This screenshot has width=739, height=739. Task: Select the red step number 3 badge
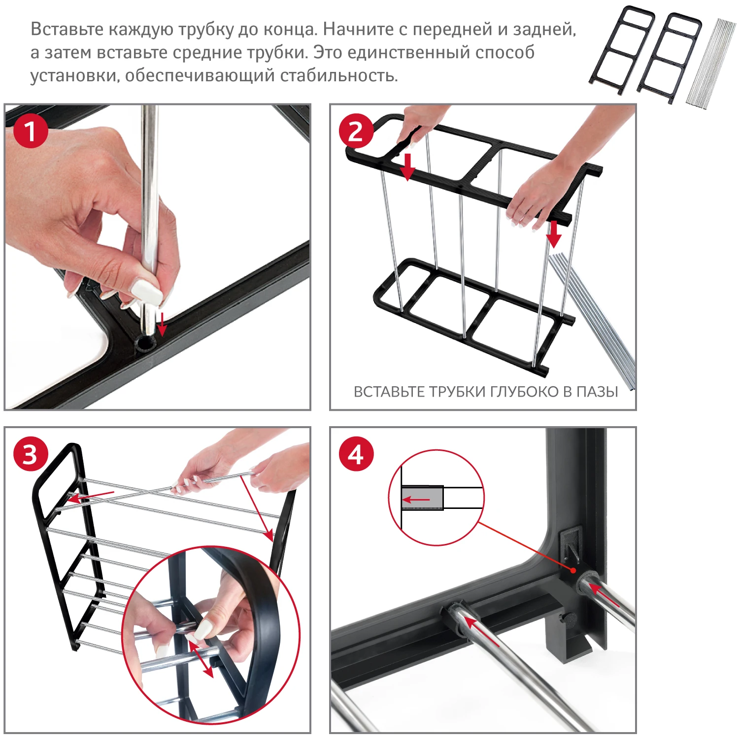click(31, 454)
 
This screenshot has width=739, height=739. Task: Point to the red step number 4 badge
click(356, 454)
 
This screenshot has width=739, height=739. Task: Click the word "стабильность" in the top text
click(338, 76)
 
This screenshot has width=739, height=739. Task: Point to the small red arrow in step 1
click(162, 323)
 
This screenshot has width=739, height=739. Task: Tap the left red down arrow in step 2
click(407, 167)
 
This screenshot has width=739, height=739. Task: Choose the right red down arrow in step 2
click(554, 234)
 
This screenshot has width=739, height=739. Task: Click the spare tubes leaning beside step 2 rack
click(594, 320)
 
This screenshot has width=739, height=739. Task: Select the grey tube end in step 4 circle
click(422, 498)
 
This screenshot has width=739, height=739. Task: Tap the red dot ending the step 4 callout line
click(573, 571)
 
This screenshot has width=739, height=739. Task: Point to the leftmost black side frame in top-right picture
click(622, 50)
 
